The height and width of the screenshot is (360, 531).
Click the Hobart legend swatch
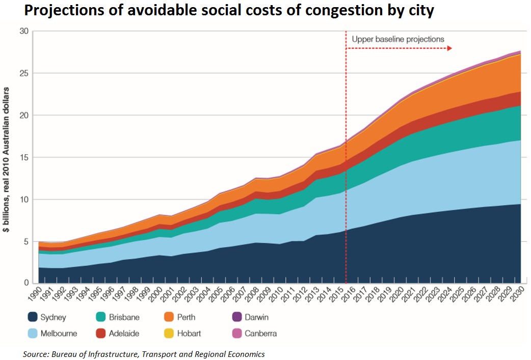[x=171, y=334]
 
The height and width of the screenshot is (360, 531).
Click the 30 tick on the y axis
[x=23, y=31]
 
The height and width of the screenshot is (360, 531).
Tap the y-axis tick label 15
[x=23, y=157]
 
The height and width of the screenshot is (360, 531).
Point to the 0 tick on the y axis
[x=25, y=283]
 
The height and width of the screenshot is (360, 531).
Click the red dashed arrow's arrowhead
[x=450, y=48]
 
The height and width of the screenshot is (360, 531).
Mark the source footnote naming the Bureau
[x=144, y=353]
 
